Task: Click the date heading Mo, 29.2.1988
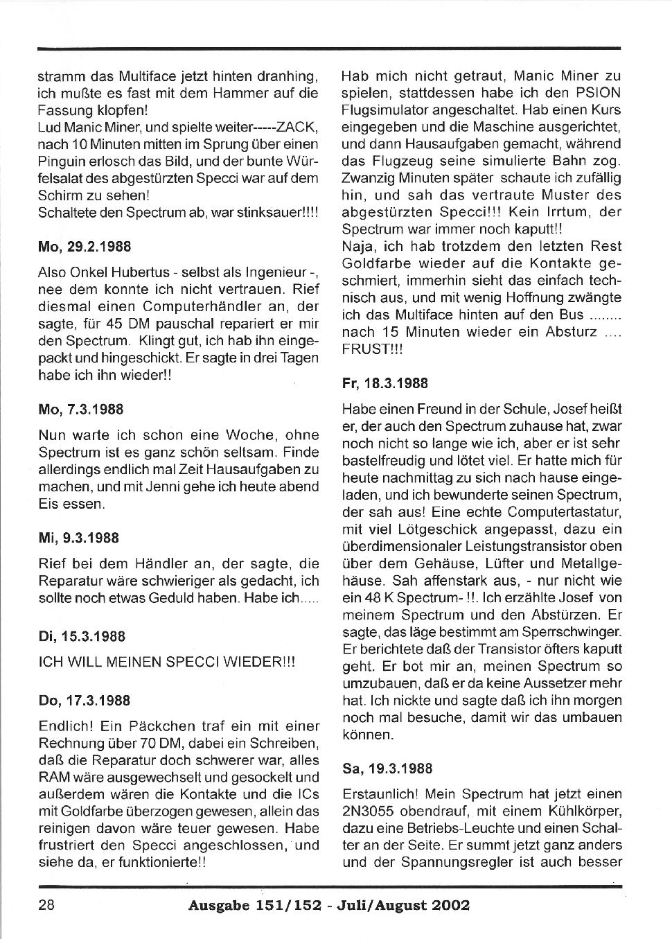click(85, 247)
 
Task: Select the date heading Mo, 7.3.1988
click(80, 410)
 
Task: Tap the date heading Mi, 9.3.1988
click(78, 538)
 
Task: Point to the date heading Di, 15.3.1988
click(82, 636)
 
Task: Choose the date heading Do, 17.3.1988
click(84, 701)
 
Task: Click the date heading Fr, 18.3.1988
click(385, 384)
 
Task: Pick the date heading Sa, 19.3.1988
click(387, 769)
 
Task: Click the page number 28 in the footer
click(46, 905)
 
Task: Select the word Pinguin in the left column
click(61, 161)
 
